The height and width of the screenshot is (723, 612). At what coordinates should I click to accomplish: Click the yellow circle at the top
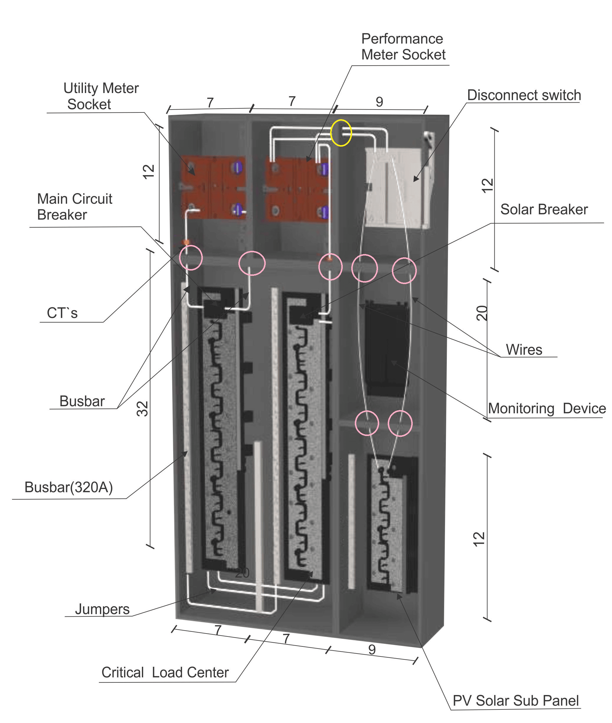point(341,133)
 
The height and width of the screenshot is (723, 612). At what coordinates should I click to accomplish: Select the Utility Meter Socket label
point(101,96)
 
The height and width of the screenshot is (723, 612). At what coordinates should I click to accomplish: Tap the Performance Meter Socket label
point(403,47)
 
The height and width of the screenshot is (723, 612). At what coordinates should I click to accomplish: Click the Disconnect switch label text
point(524,95)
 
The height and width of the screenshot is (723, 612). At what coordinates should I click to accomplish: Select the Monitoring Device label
point(546,408)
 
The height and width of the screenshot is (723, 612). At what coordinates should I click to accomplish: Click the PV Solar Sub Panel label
point(516,700)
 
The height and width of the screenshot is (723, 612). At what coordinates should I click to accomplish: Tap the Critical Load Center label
point(165,672)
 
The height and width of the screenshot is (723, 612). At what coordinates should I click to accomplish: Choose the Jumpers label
point(102,609)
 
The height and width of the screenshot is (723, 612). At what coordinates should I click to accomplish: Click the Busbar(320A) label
point(69,487)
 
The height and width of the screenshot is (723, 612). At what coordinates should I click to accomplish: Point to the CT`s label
point(62,313)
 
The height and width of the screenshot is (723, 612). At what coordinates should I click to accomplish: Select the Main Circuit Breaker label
point(74,207)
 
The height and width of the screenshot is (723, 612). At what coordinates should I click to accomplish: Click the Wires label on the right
point(524,349)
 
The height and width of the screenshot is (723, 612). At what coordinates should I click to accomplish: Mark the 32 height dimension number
point(143,409)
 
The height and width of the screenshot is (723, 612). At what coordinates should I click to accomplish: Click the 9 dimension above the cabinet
point(379,102)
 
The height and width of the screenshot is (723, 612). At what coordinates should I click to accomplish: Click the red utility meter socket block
point(213,188)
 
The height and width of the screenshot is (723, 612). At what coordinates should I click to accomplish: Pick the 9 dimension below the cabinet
point(372,649)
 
